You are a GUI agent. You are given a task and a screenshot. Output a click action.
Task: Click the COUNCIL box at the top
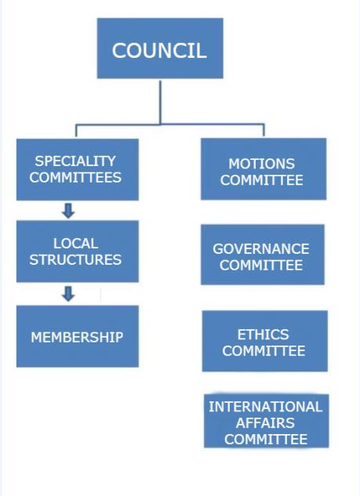click(x=160, y=48)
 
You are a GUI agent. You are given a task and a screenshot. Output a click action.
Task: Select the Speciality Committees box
click(x=78, y=169)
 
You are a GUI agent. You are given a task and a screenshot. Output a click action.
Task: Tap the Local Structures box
click(x=78, y=252)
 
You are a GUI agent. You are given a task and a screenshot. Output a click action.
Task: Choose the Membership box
click(x=78, y=336)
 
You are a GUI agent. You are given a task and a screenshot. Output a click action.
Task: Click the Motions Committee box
click(x=264, y=169)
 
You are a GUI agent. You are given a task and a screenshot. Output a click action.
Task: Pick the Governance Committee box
click(x=263, y=255)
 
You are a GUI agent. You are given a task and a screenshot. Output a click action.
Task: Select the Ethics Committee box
click(x=264, y=341)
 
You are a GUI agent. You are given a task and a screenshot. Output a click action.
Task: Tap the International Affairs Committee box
click(x=267, y=421)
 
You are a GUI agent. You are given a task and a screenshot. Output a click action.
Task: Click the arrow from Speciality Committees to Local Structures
click(x=68, y=211)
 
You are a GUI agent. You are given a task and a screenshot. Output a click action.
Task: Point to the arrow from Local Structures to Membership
click(x=68, y=294)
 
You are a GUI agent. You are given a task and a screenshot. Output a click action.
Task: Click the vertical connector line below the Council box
click(x=160, y=102)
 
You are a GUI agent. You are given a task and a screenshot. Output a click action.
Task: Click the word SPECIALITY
click(x=75, y=161)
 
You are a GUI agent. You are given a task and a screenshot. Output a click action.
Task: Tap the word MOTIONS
click(x=261, y=164)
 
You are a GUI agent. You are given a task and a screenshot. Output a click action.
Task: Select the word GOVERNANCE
click(x=261, y=249)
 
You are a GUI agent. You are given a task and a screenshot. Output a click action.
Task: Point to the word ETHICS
click(x=263, y=335)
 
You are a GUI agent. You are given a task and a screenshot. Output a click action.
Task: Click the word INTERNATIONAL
click(x=265, y=407)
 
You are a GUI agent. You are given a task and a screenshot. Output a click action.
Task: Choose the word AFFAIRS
click(x=265, y=423)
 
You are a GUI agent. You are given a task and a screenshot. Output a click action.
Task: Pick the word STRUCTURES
click(x=75, y=259)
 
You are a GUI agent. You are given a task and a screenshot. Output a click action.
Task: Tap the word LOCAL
click(x=75, y=244)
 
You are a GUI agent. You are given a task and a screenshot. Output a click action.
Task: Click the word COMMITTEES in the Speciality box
click(x=75, y=177)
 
